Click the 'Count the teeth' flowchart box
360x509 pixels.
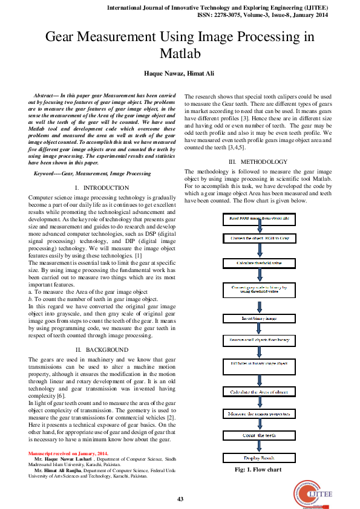259,435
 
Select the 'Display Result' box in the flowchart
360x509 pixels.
259,458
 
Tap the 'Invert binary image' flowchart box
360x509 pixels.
259,317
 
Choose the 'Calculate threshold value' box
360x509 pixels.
259,264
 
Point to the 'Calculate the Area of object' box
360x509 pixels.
259,392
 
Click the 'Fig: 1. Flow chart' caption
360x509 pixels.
259,470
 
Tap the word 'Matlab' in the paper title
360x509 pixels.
180,54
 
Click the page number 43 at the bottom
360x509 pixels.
180,499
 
